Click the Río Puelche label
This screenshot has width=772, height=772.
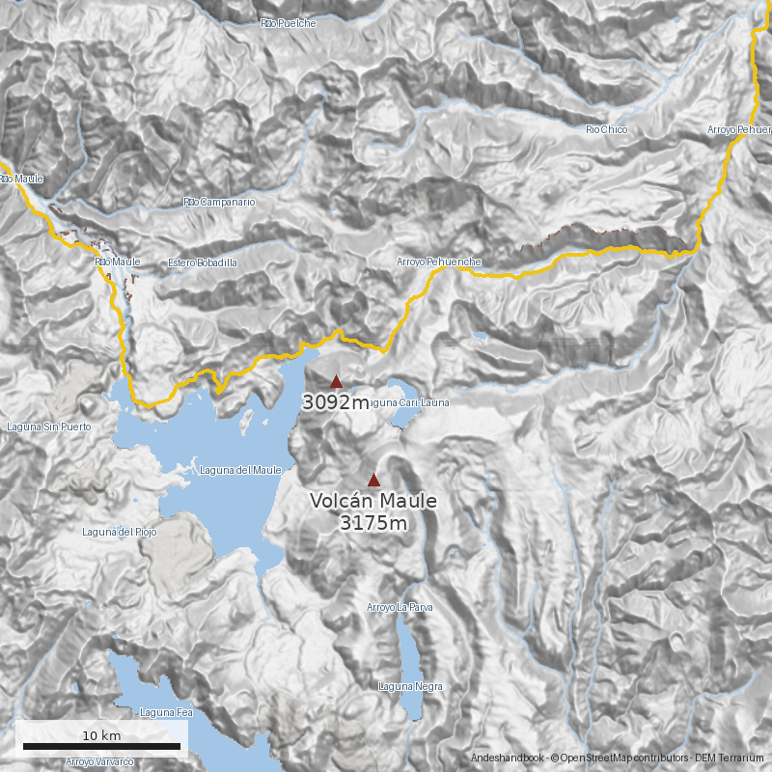[x=289, y=23]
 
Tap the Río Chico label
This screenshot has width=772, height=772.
[x=607, y=129]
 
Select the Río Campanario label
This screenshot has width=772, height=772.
[x=220, y=203]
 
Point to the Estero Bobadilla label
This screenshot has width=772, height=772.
[x=202, y=262]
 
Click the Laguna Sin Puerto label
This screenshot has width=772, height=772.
[x=48, y=427]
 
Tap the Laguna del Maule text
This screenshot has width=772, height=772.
[x=240, y=470]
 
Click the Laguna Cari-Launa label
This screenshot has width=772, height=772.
[x=409, y=402]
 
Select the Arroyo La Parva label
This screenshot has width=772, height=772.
[x=400, y=608]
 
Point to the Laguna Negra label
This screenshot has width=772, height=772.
[x=411, y=686]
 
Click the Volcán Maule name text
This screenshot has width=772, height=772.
[x=373, y=502]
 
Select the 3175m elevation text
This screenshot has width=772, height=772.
[x=373, y=523]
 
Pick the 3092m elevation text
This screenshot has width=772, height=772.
[x=335, y=402]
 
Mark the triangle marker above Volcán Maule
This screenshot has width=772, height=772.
[x=373, y=480]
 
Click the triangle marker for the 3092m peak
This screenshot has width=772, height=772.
[x=336, y=381]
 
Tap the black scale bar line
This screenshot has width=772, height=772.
[x=101, y=746]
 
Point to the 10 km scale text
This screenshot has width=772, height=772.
[x=101, y=735]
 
